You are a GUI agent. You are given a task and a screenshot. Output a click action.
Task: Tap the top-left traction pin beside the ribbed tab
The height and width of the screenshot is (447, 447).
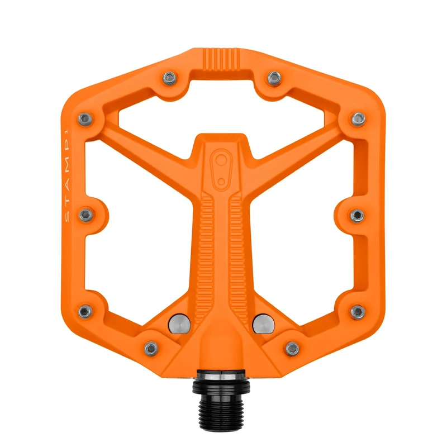pos(168,77)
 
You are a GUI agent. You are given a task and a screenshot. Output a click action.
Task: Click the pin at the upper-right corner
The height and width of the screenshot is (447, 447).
pos(358,118)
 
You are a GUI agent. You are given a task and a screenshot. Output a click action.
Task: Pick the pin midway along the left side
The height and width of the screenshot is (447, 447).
pos(85,215)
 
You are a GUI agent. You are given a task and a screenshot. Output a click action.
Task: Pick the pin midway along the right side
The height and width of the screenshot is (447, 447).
pos(358,215)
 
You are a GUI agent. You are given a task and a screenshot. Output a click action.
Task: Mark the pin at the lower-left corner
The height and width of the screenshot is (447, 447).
pos(85,311)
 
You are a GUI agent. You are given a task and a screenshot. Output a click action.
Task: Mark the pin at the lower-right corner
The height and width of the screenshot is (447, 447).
pos(358,311)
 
